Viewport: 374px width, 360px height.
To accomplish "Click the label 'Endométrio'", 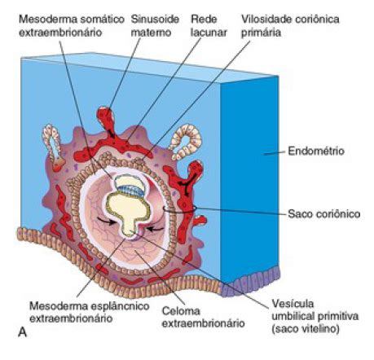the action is coord(316,151).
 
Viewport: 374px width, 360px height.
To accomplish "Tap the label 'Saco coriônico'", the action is coord(324,214).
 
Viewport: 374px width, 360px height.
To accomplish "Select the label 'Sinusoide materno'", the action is coord(155,26).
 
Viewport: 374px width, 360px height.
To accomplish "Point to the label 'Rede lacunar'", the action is coord(209,26).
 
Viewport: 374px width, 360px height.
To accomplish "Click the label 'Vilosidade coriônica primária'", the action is coord(290,26).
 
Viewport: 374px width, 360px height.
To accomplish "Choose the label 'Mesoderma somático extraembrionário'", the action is coord(72,26).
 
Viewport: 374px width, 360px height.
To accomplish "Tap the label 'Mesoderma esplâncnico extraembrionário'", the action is coord(90,312).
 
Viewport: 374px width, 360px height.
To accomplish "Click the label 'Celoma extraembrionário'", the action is coord(203,317).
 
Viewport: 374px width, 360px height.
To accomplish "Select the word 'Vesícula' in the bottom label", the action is coord(293,304).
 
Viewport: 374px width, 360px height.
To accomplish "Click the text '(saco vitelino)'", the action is coord(306,329).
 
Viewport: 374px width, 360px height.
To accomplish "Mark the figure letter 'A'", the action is coord(23,332).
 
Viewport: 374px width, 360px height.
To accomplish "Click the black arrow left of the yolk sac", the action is coord(107,222).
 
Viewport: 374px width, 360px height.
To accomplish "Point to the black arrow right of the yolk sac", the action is coord(155,229).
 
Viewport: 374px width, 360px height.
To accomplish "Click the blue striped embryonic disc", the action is coord(130,190).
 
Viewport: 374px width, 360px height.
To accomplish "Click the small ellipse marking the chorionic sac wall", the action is coord(179,209).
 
